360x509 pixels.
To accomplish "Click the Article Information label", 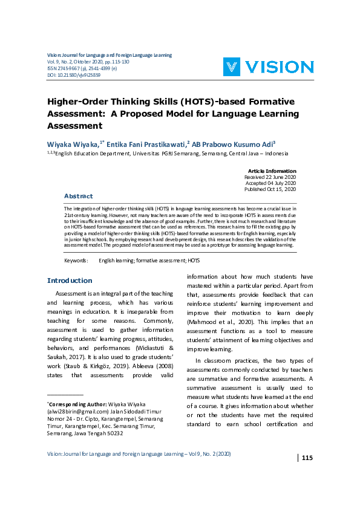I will coord(272,171).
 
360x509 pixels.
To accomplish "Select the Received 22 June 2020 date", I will coord(270,177).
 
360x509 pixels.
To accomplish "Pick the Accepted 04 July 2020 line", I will coord(270,183).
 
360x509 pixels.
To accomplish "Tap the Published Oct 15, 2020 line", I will coord(270,189).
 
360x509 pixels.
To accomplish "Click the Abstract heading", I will coord(79,196).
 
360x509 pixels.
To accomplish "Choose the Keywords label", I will coord(76,261).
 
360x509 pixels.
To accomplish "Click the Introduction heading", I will coord(70,280).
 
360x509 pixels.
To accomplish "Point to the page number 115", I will coord(307,458).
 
